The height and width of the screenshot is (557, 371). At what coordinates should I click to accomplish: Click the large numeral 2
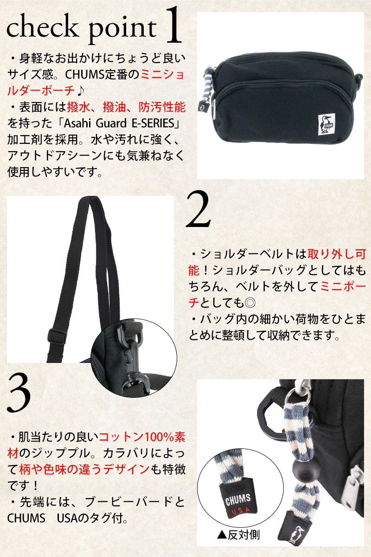[x=198, y=209]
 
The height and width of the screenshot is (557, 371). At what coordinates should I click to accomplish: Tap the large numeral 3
[x=19, y=394]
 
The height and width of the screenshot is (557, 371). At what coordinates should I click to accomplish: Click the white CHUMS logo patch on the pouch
[x=326, y=124]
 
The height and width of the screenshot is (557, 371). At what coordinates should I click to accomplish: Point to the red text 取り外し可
[x=337, y=254]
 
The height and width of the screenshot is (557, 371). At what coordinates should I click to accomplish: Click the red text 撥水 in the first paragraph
[x=79, y=107]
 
